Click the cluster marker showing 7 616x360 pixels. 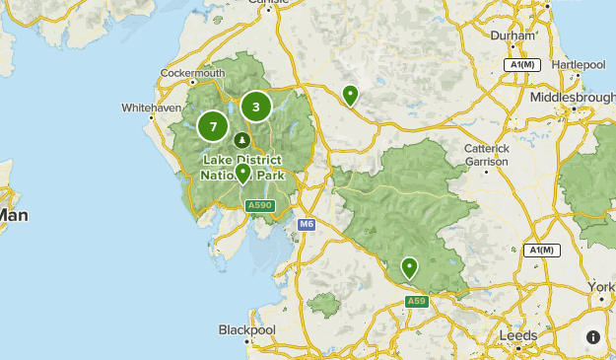point(213,126)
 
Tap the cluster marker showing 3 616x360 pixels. point(256,107)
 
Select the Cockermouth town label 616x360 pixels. point(193,73)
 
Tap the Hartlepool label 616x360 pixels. point(579,64)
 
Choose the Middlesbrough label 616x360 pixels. point(572,98)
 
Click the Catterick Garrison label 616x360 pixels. point(487,154)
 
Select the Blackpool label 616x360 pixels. point(246,329)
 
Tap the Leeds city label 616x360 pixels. point(518,335)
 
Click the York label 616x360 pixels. point(601,286)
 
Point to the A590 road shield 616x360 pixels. point(259,205)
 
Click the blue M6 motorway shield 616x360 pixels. point(307,225)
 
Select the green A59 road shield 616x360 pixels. point(417,301)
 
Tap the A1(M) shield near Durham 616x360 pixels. point(522,64)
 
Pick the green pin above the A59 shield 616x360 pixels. point(409,267)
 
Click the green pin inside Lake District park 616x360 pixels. point(242,174)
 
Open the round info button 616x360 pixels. point(593,336)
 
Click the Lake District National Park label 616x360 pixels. point(242,168)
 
